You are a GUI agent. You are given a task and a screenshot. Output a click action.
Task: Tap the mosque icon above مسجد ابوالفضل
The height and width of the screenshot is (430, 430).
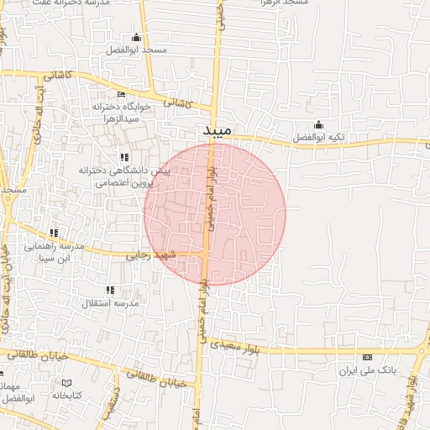tap(136, 38)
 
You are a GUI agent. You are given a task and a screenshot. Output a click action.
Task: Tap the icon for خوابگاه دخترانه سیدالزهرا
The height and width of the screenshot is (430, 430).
tap(121, 95)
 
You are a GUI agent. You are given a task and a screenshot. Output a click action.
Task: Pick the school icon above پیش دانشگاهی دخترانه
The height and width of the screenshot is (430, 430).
tap(124, 157)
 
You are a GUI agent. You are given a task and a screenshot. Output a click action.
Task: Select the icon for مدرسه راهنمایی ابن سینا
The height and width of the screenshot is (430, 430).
tap(55, 233)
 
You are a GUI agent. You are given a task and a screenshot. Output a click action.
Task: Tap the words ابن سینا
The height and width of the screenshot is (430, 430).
tap(58, 258)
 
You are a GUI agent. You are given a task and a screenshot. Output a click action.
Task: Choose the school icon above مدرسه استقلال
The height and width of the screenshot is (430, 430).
tap(111, 290)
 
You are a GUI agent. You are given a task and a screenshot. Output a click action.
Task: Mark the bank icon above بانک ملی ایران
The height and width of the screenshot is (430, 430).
tap(366, 358)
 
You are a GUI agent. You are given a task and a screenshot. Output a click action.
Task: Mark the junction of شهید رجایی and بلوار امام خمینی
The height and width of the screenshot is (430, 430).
tap(206, 251)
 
